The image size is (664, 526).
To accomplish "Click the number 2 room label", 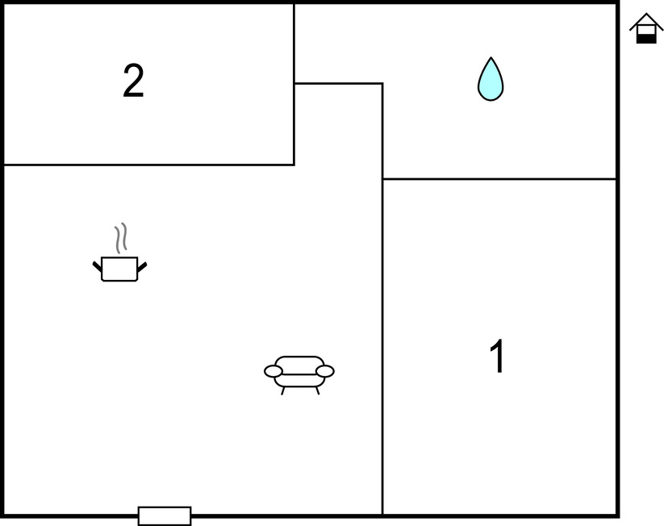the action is [x=133, y=81].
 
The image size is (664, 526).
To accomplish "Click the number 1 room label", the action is [x=498, y=356].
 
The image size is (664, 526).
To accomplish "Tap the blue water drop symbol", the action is [x=491, y=79].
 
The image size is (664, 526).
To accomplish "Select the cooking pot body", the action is [x=120, y=269].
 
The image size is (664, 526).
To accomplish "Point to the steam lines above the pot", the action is [x=121, y=238].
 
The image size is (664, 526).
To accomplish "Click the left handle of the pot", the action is [x=98, y=267].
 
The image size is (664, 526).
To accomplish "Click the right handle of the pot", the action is [x=142, y=267].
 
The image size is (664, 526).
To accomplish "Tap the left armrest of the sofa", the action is [x=274, y=371].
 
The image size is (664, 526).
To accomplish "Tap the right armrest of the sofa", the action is [x=325, y=371].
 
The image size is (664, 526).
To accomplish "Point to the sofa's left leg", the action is [x=283, y=390].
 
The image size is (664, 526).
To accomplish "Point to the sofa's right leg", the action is [x=317, y=390].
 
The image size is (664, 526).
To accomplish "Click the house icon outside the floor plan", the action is [x=645, y=28].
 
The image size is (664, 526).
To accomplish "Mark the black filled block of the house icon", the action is [x=646, y=39].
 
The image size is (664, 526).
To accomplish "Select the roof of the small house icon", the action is [x=645, y=22].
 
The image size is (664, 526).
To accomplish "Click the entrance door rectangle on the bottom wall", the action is [x=165, y=516].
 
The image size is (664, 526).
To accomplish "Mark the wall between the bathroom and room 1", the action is [x=499, y=179].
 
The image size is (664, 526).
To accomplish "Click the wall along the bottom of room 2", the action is [x=149, y=165].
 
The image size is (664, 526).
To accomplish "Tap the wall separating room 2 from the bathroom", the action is [x=294, y=44].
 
